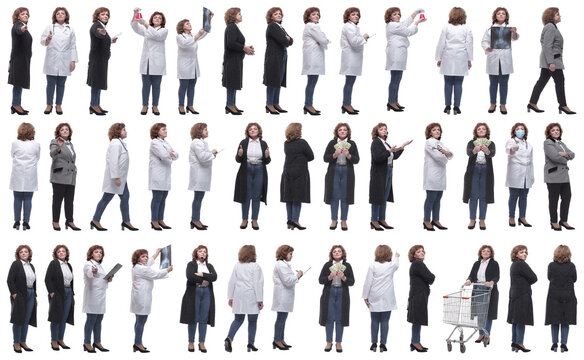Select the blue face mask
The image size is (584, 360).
(519, 134)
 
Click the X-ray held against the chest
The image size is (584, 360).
(500, 38)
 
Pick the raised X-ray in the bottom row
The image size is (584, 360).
(165, 256)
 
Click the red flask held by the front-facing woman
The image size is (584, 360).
(139, 15)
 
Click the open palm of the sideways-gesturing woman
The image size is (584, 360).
(405, 143)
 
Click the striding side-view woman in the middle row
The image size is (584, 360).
(115, 175)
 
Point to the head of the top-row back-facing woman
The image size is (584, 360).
(456, 15)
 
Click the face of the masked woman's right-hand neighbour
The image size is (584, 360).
(553, 132)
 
